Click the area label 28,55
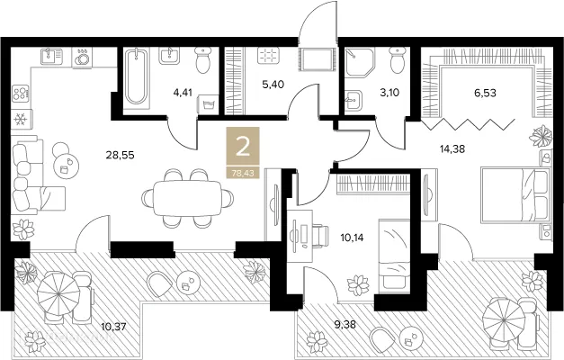(120, 155)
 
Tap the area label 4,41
(183, 93)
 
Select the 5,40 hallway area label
(273, 85)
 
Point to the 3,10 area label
(389, 93)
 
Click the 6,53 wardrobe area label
(485, 93)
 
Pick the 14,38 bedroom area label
(452, 148)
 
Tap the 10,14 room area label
(352, 238)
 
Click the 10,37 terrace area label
(113, 328)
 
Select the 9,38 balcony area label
(345, 325)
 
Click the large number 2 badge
(243, 148)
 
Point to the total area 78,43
(243, 173)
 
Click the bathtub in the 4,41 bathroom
(136, 76)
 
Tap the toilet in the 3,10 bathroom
(398, 60)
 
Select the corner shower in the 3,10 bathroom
(358, 61)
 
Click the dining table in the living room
(187, 198)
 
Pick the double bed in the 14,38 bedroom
(515, 194)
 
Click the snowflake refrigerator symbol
(19, 119)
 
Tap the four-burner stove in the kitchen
(20, 93)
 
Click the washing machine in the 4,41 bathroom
(209, 105)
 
